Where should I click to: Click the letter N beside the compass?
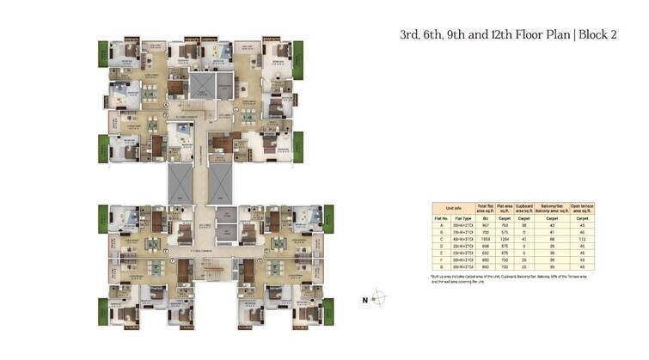click(x=364, y=300)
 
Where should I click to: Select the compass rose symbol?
click(x=380, y=299)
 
